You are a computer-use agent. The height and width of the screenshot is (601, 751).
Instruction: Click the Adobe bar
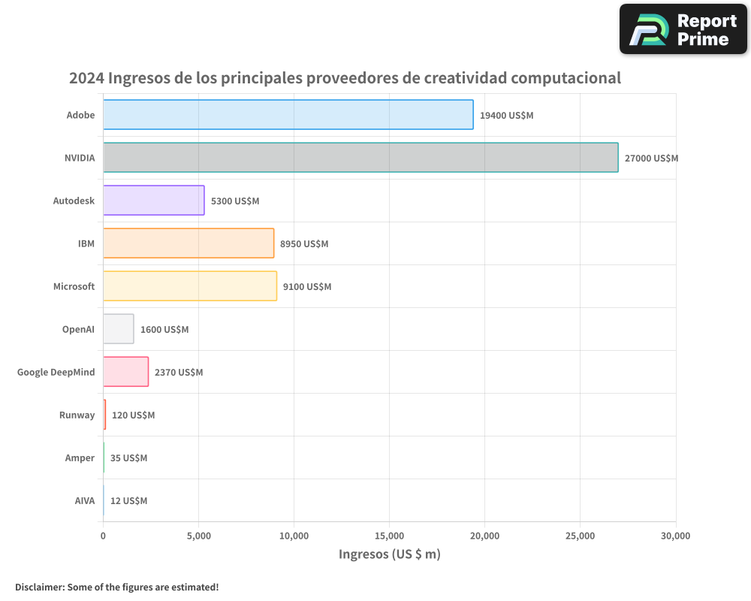pos(288,115)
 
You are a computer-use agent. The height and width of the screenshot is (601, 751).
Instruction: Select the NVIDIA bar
pos(360,158)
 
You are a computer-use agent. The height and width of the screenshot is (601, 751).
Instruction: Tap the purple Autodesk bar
pos(153,201)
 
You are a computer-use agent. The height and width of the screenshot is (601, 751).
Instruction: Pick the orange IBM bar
pos(189,243)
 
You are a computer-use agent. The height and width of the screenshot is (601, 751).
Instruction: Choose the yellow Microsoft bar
pos(190,286)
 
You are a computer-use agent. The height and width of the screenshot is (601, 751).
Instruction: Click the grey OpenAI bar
pos(119,329)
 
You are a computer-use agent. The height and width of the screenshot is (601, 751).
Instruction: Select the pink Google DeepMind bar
pos(125,372)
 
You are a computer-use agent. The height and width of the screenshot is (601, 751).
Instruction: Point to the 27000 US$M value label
pos(651,159)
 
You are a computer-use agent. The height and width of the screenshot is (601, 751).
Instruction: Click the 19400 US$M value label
pos(506,116)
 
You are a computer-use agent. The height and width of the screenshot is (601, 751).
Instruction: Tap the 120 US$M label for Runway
pos(133,415)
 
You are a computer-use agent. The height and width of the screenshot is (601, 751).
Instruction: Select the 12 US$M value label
pos(128,501)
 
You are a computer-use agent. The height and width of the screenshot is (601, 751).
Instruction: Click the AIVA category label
pos(84,501)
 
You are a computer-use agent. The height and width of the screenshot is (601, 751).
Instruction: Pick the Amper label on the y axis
pos(80,458)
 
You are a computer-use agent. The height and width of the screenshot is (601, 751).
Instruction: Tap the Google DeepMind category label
pos(56,373)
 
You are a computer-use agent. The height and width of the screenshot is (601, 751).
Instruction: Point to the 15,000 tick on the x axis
pos(389,536)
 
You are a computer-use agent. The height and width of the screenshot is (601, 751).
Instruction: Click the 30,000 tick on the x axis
pos(675,536)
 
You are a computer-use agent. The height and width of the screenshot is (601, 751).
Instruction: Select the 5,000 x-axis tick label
pos(198,536)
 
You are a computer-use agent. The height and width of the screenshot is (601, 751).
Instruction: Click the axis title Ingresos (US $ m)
pos(389,554)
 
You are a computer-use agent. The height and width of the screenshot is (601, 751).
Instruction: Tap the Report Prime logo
pos(683,29)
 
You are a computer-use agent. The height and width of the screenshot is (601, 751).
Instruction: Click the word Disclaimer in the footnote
pos(39,587)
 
